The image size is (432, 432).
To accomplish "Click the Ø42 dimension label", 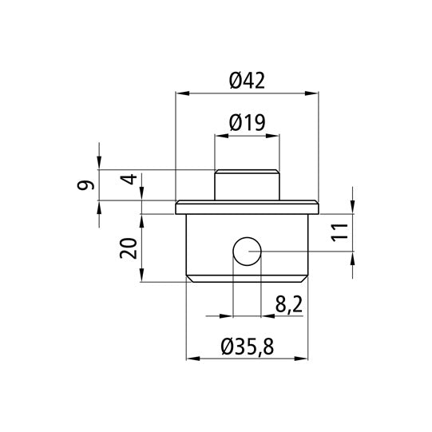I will point(246,80).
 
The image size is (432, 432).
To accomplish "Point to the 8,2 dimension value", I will point(287,305).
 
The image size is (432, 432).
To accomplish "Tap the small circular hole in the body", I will point(246,252).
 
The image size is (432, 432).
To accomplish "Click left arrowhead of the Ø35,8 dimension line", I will point(190,359).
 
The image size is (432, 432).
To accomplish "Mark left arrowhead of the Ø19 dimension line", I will point(218,137).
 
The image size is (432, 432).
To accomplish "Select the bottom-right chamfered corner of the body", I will point(306,278).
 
